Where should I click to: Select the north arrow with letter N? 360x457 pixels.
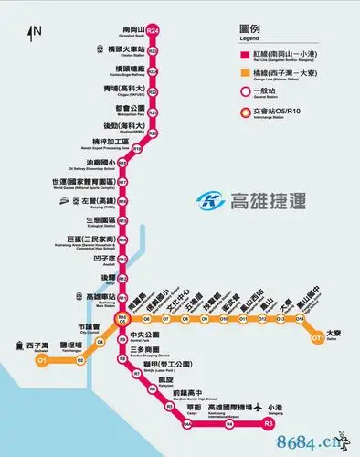click(34, 34)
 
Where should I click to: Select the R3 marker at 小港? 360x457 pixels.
click(268, 423)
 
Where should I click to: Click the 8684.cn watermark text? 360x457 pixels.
click(315, 444)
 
